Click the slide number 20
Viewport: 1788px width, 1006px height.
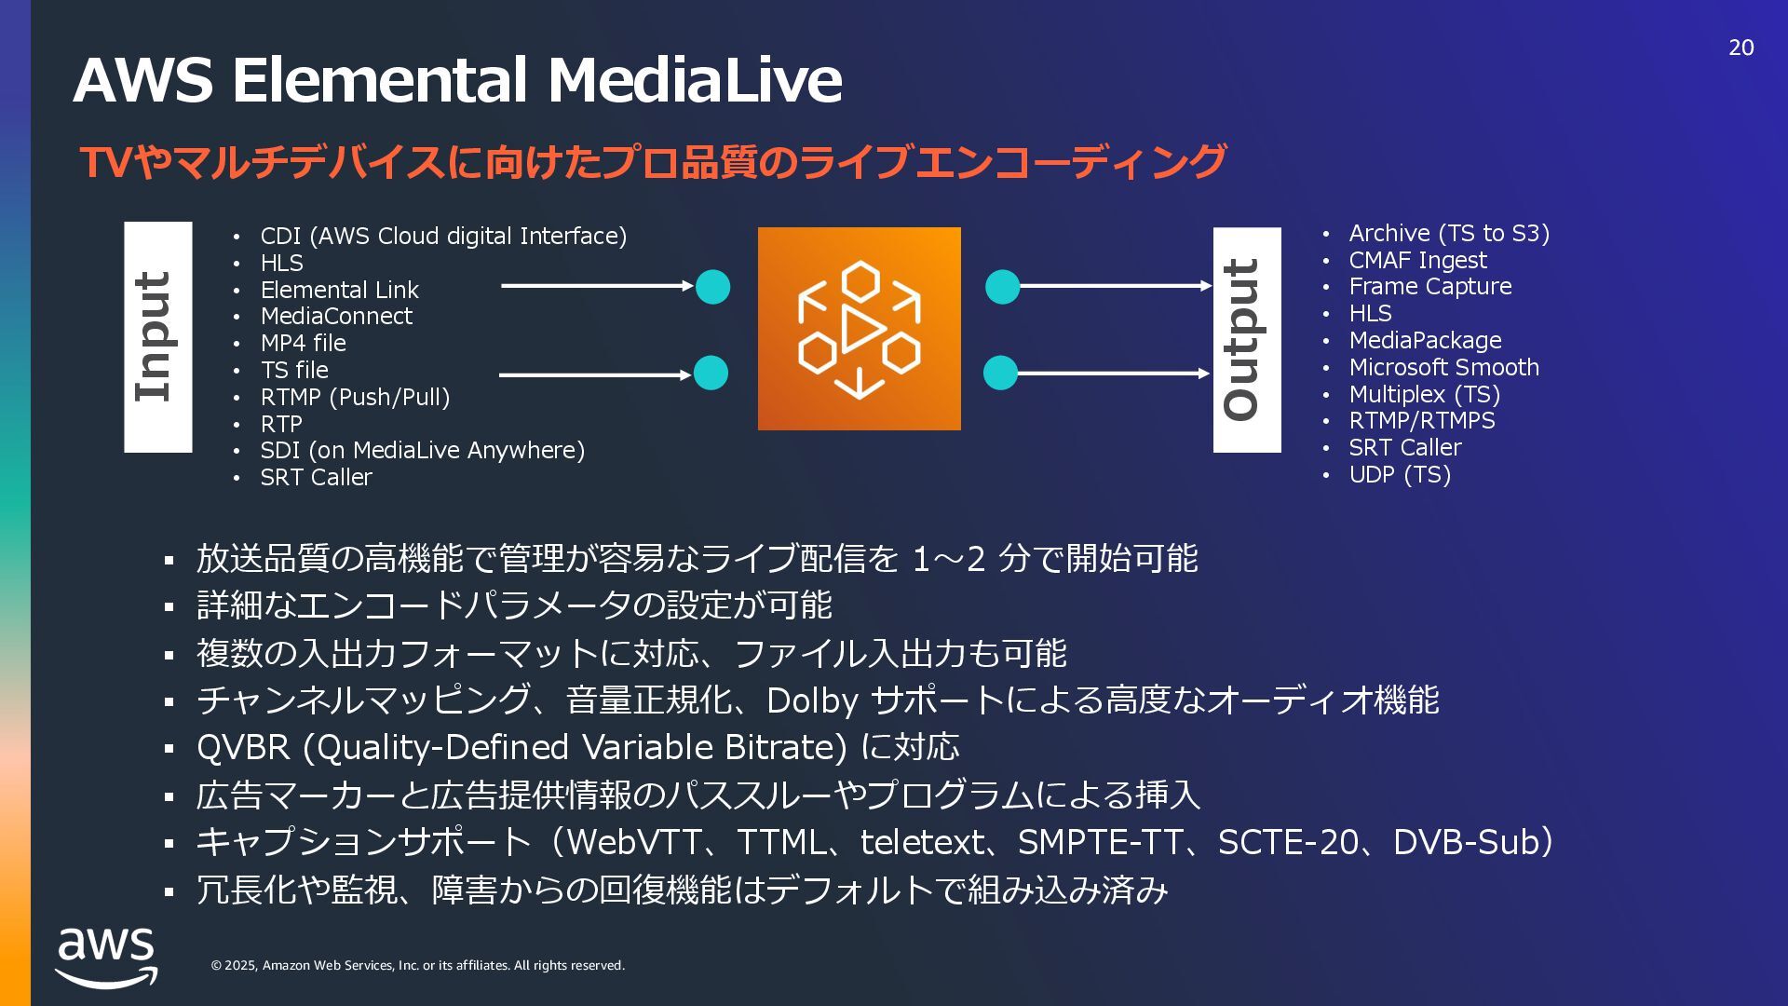(x=1741, y=48)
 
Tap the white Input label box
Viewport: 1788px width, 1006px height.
(x=158, y=337)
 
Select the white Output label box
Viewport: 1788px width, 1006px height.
(x=1246, y=340)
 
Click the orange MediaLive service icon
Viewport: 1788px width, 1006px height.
(x=859, y=329)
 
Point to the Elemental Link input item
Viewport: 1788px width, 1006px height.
(x=339, y=290)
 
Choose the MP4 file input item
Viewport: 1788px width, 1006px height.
(x=303, y=344)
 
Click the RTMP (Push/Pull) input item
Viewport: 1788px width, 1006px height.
(x=355, y=397)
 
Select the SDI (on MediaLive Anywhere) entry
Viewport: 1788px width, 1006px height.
(x=422, y=451)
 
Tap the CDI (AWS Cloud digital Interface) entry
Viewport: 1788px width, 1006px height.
(x=443, y=237)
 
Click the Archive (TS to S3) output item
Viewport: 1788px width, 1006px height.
(x=1449, y=234)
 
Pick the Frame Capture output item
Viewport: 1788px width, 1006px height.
(x=1429, y=287)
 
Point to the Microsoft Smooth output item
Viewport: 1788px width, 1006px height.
(x=1443, y=368)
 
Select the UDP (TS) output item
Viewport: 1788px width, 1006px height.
(x=1400, y=475)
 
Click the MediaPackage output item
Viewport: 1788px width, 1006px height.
(x=1425, y=341)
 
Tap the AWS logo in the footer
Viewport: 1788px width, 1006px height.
(x=106, y=957)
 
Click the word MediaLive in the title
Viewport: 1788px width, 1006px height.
(x=694, y=80)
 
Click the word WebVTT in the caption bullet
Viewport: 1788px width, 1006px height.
(x=633, y=842)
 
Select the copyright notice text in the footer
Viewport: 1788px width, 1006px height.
(x=417, y=966)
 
